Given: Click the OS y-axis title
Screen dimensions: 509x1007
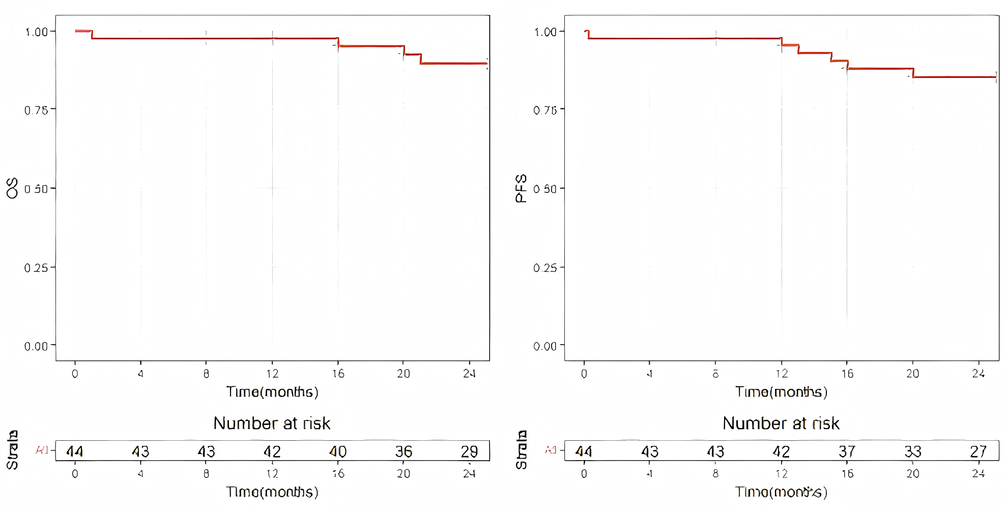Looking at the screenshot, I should point(12,188).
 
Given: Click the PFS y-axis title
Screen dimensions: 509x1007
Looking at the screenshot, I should point(521,188).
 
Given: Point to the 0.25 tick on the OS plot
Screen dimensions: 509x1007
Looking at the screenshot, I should point(36,268).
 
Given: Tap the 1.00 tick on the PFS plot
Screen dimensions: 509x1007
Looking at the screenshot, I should point(545,32).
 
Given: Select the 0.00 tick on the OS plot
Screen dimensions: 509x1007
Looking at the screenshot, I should point(36,347).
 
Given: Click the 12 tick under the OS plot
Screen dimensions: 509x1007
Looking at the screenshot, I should point(272,374).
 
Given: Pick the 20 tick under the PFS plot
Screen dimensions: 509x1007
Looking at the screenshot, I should point(912,374).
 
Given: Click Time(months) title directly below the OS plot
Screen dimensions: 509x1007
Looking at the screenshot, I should point(272,392).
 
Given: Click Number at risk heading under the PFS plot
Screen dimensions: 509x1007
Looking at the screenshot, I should point(781,423).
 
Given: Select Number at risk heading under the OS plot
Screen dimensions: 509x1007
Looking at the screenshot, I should point(272,423).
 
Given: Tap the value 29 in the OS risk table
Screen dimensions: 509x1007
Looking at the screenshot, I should point(469,451).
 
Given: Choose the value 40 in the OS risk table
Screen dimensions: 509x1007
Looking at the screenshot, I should point(338,451).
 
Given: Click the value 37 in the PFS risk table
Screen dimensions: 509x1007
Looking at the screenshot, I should point(847,451).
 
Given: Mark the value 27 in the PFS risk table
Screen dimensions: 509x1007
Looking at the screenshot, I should point(978,451).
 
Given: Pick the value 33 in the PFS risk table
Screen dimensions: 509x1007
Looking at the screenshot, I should point(912,451).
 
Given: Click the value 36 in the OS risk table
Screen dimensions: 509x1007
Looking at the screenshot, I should point(404,451).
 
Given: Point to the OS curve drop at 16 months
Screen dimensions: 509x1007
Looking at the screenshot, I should point(338,42).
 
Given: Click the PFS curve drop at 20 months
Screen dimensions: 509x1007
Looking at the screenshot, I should point(913,73).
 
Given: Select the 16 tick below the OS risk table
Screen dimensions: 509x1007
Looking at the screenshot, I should point(338,474).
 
